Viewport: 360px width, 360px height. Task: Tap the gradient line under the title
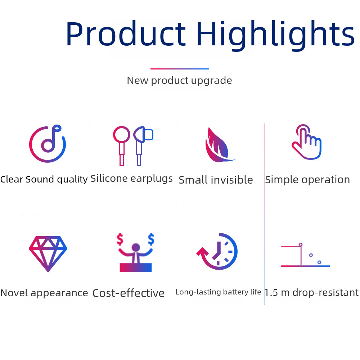[x=180, y=69]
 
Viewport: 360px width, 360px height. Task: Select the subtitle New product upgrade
[x=179, y=80]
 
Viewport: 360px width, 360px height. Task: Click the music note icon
[x=48, y=144]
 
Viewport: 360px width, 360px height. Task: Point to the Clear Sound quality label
[x=44, y=179]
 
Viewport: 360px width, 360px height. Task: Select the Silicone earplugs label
[x=131, y=178]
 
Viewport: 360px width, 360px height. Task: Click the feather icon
[x=218, y=145]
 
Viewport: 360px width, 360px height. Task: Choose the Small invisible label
[x=216, y=180]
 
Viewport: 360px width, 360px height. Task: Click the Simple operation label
[x=307, y=180]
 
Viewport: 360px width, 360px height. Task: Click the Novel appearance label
[x=44, y=293]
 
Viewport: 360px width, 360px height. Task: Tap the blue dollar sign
[x=151, y=238]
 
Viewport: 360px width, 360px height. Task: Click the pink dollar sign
[x=120, y=239]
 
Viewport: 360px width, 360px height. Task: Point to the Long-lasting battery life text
[x=218, y=292]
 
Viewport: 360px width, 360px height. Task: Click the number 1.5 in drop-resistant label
[x=270, y=293]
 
